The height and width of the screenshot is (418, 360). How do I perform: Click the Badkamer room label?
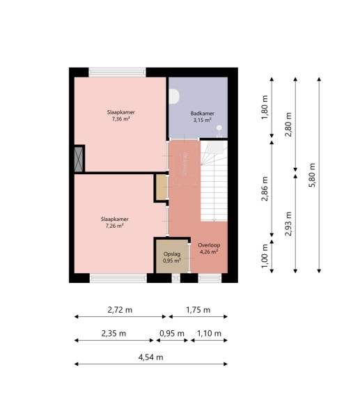pyautogui.click(x=202, y=114)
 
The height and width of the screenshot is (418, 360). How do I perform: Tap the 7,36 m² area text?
pyautogui.click(x=121, y=119)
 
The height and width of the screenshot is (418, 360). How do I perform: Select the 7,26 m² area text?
pyautogui.click(x=115, y=226)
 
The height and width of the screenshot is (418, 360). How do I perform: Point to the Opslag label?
pyautogui.click(x=172, y=254)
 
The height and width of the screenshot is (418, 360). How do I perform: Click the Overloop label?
pyautogui.click(x=209, y=245)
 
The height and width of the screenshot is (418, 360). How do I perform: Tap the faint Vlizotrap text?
pyautogui.click(x=185, y=164)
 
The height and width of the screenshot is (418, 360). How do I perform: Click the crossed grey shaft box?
pyautogui.click(x=79, y=159)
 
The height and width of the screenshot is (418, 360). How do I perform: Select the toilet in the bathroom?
pyautogui.click(x=174, y=96)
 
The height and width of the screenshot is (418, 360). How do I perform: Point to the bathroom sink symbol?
pyautogui.click(x=219, y=132)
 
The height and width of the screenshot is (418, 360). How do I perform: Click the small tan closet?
pyautogui.click(x=162, y=187)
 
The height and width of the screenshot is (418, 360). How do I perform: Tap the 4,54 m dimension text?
pyautogui.click(x=150, y=357)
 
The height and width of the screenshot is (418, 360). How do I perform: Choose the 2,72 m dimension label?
pyautogui.click(x=120, y=310)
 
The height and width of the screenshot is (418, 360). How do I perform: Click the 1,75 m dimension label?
pyautogui.click(x=198, y=310)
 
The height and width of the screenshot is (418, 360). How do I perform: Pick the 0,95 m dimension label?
pyautogui.click(x=172, y=333)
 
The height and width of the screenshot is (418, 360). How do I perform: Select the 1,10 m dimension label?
pyautogui.click(x=209, y=333)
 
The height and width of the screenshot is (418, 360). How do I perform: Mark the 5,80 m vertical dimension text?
pyautogui.click(x=312, y=175)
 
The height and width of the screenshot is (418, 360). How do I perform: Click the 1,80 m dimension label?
pyautogui.click(x=265, y=107)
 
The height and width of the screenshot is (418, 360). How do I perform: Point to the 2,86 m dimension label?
pyautogui.click(x=265, y=189)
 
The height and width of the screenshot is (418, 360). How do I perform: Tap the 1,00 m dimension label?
pyautogui.click(x=265, y=256)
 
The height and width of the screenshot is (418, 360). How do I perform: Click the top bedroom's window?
pyautogui.click(x=117, y=72)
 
